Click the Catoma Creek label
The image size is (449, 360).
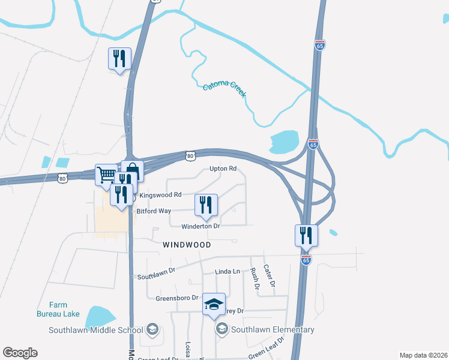tap(224, 91)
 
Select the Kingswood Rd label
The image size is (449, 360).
tap(160, 195)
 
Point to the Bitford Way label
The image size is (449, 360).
tap(154, 211)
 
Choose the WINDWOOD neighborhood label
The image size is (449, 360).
tap(187, 245)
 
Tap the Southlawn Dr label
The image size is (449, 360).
tap(155, 274)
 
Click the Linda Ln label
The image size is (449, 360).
tap(228, 272)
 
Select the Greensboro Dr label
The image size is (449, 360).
tap(177, 298)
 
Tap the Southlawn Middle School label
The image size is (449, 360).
tap(96, 329)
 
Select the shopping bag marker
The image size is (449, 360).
tap(132, 172)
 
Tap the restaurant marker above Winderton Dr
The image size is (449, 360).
tap(206, 205)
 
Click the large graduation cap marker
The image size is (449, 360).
tap(214, 304)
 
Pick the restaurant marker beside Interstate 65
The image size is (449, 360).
tap(306, 235)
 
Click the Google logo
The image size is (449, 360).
tap(20, 353)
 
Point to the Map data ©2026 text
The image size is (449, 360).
tap(424, 355)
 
